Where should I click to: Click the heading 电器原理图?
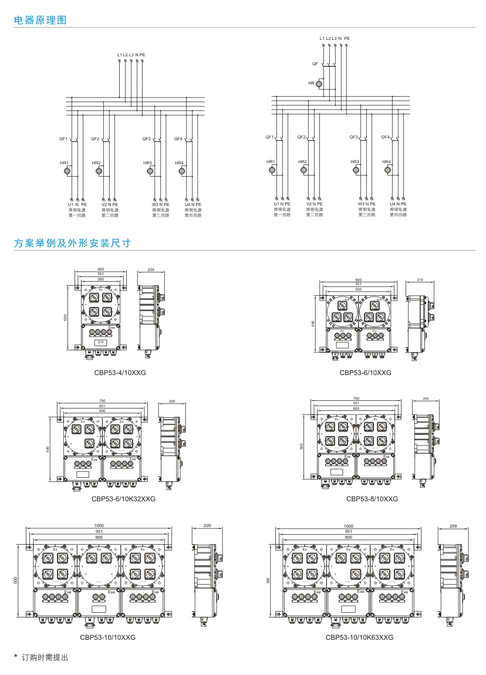[x=41, y=20]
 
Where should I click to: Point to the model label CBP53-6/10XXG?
[x=365, y=372]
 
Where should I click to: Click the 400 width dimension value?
[x=101, y=270]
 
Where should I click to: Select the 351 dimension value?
[x=101, y=275]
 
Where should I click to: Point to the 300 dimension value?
[x=101, y=279]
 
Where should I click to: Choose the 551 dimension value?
[x=358, y=285]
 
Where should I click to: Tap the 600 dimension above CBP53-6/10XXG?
[x=358, y=280]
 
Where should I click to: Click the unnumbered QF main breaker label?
[x=315, y=63]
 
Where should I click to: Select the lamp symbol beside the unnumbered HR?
[x=319, y=85]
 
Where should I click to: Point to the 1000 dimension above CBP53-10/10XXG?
[x=99, y=525]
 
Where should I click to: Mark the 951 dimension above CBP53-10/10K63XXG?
[x=349, y=531]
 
